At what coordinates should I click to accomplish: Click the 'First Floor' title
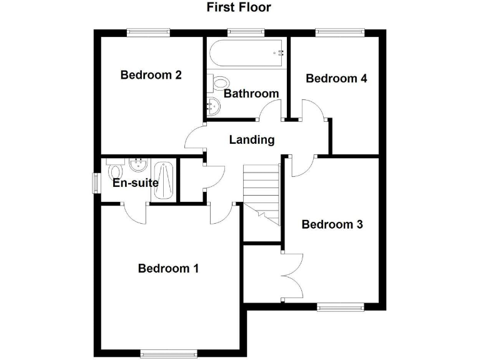(x=239, y=8)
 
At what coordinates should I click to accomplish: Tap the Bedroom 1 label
(x=168, y=269)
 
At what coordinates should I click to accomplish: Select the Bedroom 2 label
(x=151, y=76)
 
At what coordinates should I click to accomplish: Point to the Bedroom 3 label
(x=332, y=224)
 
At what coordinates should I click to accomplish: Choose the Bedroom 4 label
(x=336, y=79)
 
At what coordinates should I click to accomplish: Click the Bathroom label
(x=251, y=94)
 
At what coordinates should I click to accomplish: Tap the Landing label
(x=252, y=140)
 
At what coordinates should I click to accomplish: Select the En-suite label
(x=135, y=183)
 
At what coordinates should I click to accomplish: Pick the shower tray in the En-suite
(x=164, y=182)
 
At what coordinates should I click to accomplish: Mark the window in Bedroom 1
(x=164, y=354)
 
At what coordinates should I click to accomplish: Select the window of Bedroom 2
(x=149, y=31)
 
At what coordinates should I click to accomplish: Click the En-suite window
(x=96, y=183)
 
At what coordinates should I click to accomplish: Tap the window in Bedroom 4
(x=339, y=31)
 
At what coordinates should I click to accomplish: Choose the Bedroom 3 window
(x=340, y=306)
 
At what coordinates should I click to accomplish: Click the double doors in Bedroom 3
(x=291, y=276)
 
